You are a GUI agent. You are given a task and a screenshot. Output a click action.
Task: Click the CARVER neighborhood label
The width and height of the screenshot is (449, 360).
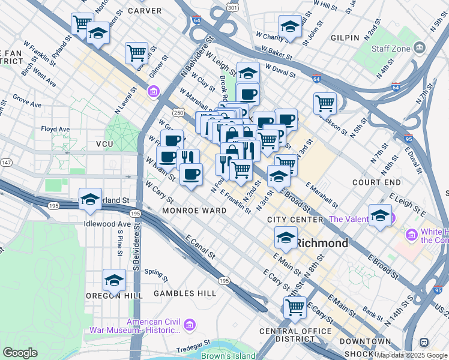pyautogui.click(x=145, y=11)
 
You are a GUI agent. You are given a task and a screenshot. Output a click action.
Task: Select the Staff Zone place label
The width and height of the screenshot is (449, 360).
pyautogui.click(x=391, y=48)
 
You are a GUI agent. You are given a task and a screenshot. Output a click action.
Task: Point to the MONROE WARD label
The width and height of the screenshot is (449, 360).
pyautogui.click(x=194, y=211)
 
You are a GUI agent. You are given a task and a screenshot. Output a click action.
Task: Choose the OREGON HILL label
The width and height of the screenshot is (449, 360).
pyautogui.click(x=114, y=296)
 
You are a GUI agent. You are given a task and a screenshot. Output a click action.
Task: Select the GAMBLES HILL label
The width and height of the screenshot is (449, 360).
pyautogui.click(x=184, y=293)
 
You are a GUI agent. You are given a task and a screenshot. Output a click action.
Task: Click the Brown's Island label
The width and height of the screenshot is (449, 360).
pyautogui.click(x=228, y=355)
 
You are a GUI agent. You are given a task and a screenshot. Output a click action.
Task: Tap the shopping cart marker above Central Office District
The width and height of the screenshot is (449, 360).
pyautogui.click(x=295, y=307)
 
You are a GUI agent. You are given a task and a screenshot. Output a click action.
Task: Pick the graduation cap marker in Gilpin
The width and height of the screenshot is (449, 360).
pyautogui.click(x=289, y=26)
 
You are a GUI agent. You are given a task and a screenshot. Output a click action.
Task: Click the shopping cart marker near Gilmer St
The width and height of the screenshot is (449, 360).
pyautogui.click(x=137, y=53)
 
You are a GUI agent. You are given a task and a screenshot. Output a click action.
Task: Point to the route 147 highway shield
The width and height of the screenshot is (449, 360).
pyautogui.click(x=5, y=163)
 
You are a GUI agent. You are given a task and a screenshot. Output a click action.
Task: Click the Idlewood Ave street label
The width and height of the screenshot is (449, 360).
pyautogui.click(x=107, y=224)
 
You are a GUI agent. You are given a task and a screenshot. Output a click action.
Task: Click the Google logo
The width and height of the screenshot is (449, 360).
pyautogui.click(x=20, y=353)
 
